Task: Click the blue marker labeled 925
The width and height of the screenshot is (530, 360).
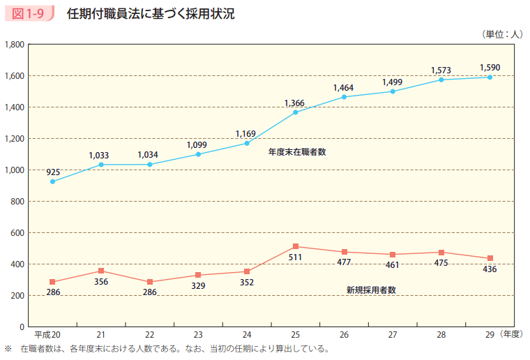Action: (x=53, y=181)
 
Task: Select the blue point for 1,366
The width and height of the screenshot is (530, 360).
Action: (x=296, y=112)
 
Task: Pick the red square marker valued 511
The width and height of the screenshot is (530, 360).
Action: (x=296, y=246)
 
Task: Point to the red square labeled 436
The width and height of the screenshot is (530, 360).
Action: (x=490, y=258)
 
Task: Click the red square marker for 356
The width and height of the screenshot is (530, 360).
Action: (x=101, y=271)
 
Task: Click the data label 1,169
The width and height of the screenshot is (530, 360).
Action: (x=246, y=133)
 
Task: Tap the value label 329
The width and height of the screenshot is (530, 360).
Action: (x=198, y=285)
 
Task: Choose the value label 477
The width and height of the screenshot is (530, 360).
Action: (x=344, y=262)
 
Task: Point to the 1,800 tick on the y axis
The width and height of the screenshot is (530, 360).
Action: (x=15, y=44)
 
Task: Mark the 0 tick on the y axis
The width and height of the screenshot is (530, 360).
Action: (x=22, y=327)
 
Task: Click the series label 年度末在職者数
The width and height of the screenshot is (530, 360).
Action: (x=297, y=151)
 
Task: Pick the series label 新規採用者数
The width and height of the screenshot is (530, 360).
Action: (x=371, y=290)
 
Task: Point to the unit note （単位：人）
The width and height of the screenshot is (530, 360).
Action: (x=501, y=33)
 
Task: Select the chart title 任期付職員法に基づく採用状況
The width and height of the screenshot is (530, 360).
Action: (x=151, y=14)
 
